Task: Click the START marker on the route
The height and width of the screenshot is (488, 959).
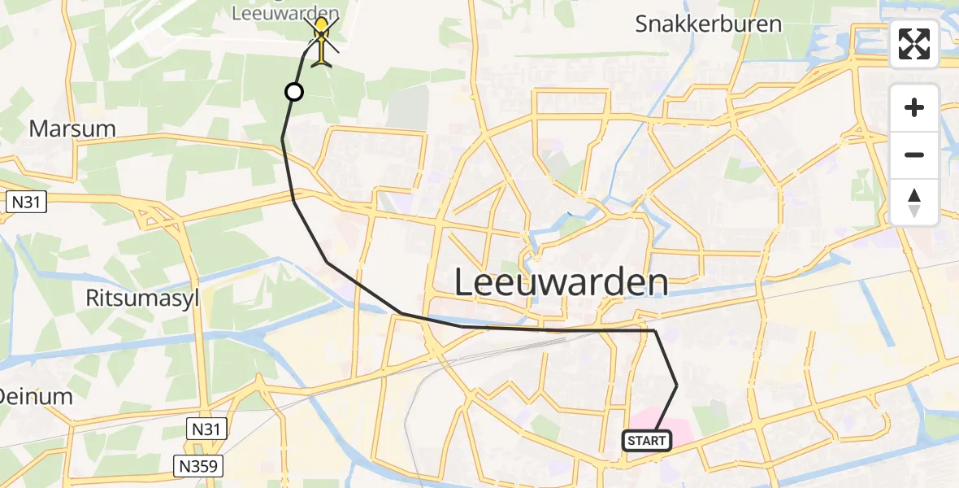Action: coord(647,441)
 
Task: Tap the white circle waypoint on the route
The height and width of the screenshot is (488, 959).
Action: coord(294,92)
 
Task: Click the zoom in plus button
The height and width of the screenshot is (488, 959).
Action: coord(914,107)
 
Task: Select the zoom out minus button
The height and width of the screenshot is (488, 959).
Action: coord(914,155)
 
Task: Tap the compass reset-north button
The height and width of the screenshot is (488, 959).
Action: coord(914,203)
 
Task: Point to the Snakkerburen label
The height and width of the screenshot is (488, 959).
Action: coord(708,24)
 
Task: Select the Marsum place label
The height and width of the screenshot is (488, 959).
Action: coord(72,129)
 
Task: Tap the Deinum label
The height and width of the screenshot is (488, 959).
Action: coord(37,397)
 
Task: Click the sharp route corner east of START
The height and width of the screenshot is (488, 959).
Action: coord(676,385)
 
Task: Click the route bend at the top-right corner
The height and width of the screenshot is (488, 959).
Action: coord(654,331)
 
